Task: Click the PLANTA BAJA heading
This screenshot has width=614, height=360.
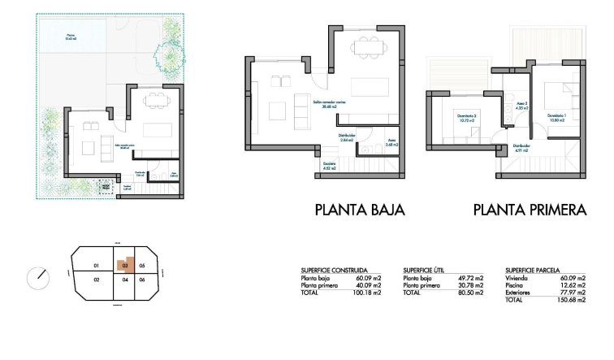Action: (359, 210)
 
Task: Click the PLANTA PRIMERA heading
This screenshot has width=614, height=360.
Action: (530, 210)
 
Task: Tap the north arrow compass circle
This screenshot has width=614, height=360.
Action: (38, 278)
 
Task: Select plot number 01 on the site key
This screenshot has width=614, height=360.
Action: (96, 266)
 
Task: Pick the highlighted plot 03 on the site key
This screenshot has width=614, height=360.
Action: (124, 265)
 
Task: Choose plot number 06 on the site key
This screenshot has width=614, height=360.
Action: (141, 280)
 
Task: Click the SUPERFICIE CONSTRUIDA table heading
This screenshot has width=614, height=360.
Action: (334, 270)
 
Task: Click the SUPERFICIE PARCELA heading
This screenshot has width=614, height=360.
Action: (533, 270)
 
